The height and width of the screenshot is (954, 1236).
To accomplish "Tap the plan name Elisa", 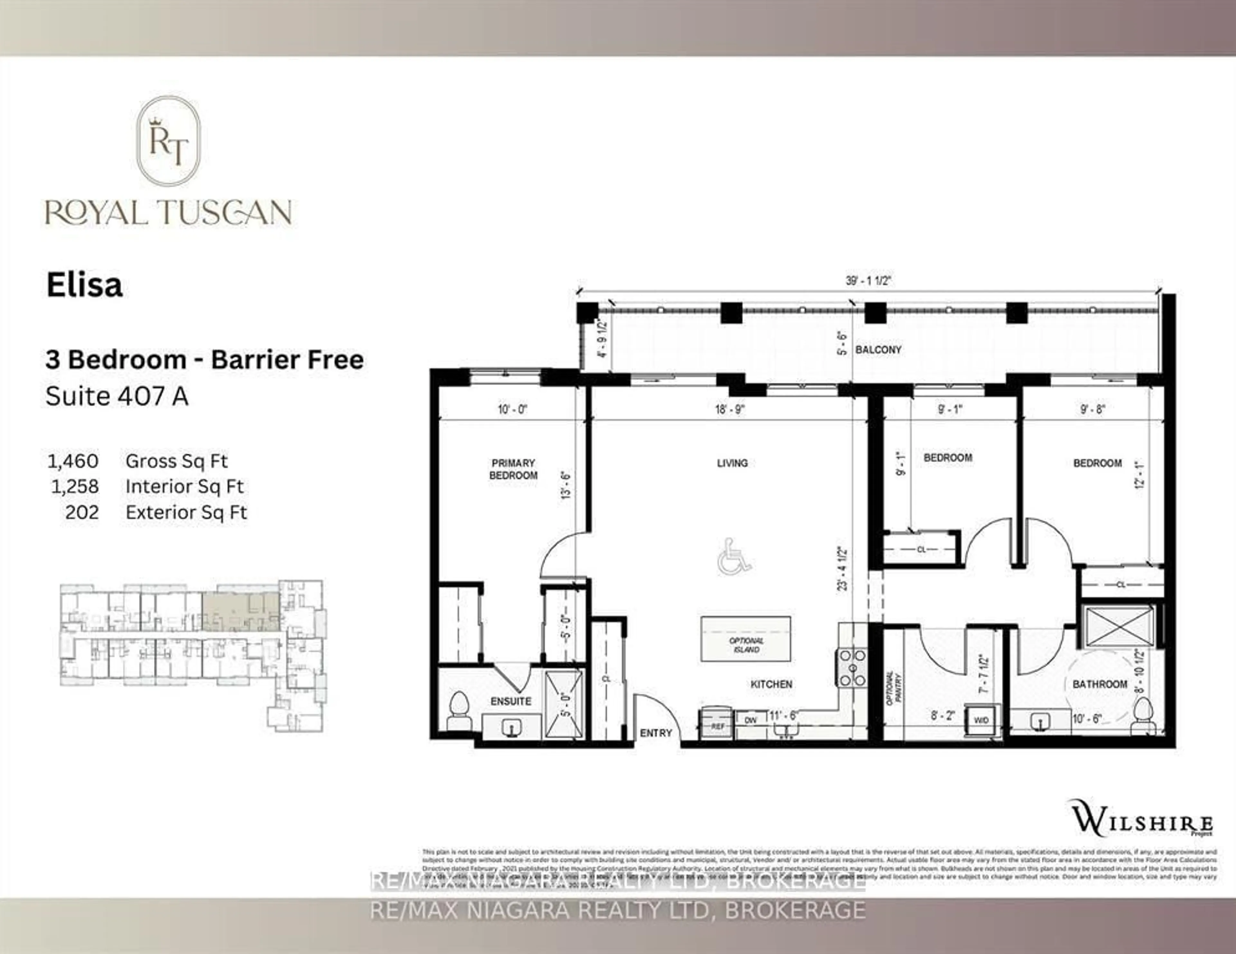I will tap(84, 285).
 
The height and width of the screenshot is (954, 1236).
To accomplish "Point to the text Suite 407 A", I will tap(117, 396).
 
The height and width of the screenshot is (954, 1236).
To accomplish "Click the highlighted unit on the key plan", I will tap(240, 611).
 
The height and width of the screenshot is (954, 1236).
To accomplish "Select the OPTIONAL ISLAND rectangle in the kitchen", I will tap(745, 639).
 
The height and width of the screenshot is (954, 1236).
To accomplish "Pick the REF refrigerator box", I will tap(717, 725).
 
